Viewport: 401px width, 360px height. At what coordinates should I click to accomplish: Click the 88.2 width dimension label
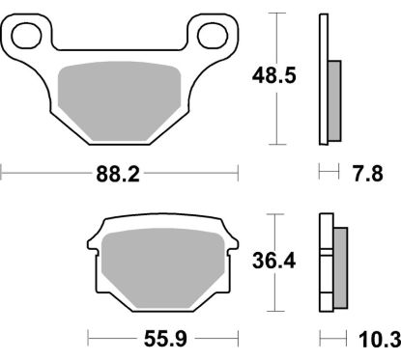click(x=120, y=175)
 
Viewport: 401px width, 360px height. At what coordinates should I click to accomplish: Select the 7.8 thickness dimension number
click(x=368, y=175)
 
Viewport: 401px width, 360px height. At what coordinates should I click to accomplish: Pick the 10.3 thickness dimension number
click(x=377, y=338)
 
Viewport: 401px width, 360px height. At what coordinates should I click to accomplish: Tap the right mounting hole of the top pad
click(x=211, y=36)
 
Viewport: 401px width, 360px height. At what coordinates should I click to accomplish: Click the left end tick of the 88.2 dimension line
click(x=3, y=175)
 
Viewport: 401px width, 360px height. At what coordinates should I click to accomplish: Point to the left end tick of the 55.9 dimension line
click(x=88, y=338)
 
